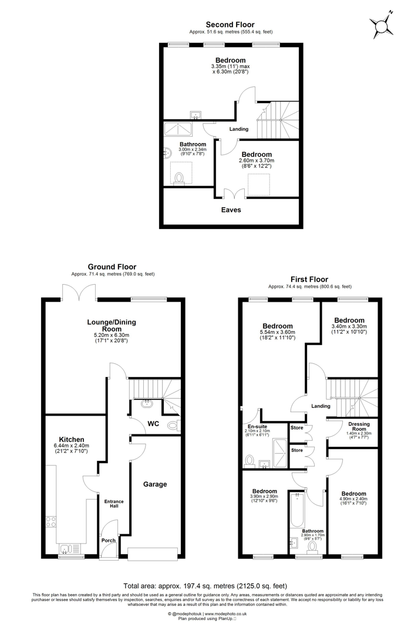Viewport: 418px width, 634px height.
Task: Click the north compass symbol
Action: click(x=382, y=25)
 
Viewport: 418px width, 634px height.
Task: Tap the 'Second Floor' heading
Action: click(x=230, y=24)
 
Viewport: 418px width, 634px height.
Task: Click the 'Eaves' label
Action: click(x=230, y=210)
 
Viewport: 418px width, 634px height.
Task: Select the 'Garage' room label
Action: click(x=155, y=484)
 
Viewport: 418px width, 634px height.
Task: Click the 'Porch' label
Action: click(x=109, y=540)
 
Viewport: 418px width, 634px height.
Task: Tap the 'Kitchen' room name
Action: click(x=71, y=439)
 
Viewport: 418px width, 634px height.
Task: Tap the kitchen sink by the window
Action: click(x=66, y=548)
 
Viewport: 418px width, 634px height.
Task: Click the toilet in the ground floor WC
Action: click(x=174, y=426)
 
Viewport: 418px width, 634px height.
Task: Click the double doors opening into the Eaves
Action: click(x=234, y=193)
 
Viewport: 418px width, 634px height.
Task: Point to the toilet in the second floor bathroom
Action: click(x=179, y=177)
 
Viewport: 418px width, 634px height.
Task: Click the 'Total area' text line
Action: click(x=205, y=585)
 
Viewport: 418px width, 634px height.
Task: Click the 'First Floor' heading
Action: click(x=309, y=279)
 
